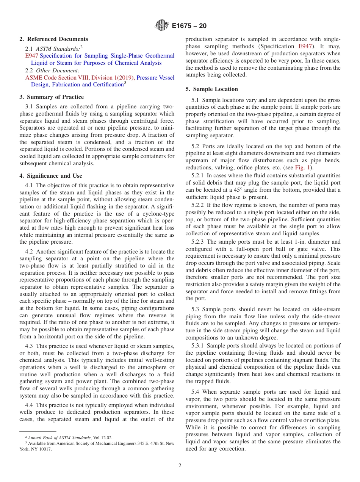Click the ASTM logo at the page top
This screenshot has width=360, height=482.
162,26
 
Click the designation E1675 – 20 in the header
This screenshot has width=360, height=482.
189,26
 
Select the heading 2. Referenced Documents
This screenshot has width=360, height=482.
54,39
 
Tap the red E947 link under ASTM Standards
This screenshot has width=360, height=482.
31,56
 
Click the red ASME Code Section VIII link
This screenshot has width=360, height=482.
80,78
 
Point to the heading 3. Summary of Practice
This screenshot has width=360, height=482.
52,97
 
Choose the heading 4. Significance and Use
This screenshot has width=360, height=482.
50,176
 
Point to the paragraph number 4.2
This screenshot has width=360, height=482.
30,252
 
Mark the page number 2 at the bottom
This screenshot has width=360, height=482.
180,466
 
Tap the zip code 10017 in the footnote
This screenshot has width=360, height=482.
45,449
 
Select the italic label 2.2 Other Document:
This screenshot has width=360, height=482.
52,70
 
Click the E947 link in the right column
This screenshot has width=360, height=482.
305,46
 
